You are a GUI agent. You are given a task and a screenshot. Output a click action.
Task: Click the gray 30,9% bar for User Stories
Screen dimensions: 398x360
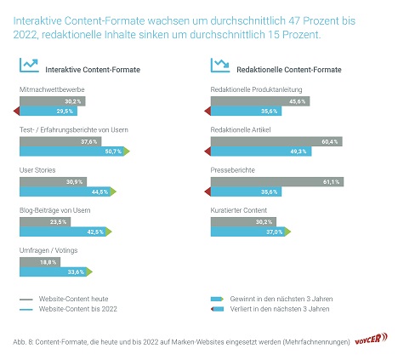(53, 181)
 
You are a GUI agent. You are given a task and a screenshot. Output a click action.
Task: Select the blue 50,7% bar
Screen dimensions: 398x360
(71, 151)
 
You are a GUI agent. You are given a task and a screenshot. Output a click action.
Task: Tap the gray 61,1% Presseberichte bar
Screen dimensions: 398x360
(277, 181)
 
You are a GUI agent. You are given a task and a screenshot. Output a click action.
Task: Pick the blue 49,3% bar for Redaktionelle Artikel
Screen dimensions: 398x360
(261, 151)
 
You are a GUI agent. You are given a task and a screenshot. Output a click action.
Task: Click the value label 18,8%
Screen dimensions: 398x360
(48, 262)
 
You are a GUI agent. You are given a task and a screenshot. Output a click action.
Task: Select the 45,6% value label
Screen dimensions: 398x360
(297, 101)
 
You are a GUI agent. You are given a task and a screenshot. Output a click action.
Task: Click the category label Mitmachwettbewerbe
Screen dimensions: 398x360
(52, 89)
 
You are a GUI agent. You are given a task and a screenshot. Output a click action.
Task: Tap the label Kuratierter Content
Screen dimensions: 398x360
(238, 210)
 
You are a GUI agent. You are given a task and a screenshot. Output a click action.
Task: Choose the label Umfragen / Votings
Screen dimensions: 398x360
(48, 250)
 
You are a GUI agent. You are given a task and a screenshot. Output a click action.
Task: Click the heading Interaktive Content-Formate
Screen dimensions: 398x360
(93, 70)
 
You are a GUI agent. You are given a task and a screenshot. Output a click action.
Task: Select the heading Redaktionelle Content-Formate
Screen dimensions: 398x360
(289, 70)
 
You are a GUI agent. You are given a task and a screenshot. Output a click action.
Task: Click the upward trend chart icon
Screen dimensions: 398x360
(29, 66)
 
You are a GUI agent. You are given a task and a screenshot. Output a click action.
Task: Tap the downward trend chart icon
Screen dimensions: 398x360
(220, 66)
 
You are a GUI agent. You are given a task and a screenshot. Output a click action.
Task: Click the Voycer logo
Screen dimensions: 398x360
(371, 339)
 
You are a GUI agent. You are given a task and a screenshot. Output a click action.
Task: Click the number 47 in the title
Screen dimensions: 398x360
(294, 20)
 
